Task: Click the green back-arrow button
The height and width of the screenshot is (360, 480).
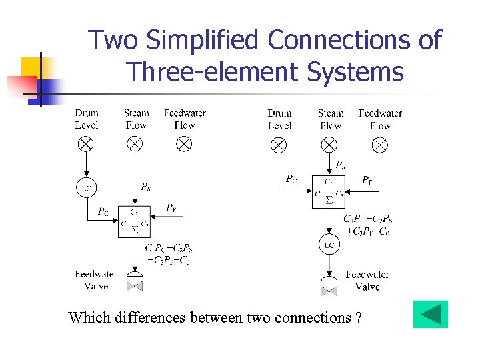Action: point(430,315)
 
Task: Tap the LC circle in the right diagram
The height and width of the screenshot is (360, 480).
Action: point(329,245)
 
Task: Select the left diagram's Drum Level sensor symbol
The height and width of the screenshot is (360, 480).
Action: point(86,143)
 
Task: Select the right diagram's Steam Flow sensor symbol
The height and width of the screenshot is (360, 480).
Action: point(329,144)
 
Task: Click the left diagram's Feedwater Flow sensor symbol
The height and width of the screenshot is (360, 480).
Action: point(183,143)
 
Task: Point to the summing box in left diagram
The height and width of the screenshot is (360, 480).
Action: point(135,221)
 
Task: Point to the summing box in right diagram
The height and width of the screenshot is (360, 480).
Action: point(329,192)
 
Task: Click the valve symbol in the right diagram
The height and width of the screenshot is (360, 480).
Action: point(329,286)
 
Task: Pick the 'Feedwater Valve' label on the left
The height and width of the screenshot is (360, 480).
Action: point(96,280)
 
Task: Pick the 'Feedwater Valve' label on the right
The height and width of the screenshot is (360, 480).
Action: point(367,281)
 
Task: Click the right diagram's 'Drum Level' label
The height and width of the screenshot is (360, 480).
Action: point(279,119)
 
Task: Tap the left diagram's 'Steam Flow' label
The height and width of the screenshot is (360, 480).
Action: point(136,119)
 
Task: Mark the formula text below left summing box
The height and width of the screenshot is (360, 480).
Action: point(169,254)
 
